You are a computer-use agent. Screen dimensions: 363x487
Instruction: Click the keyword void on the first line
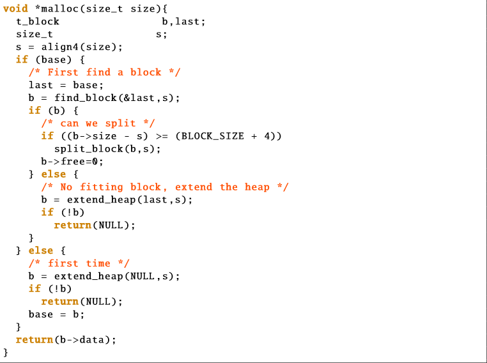[15, 8]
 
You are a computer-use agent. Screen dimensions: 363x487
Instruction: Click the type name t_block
[38, 21]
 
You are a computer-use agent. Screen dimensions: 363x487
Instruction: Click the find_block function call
[117, 98]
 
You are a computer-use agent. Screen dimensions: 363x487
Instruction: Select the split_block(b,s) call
[107, 149]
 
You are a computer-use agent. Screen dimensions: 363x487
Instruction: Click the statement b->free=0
[72, 162]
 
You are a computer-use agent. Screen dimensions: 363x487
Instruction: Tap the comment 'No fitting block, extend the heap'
[165, 187]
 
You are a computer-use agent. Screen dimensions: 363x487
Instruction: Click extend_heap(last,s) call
[129, 199]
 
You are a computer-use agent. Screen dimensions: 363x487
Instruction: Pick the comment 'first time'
[79, 263]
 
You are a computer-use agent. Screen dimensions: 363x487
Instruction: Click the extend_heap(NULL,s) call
[117, 276]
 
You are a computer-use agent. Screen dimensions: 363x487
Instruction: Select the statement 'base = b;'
[56, 314]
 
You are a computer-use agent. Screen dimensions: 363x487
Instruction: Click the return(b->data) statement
[66, 340]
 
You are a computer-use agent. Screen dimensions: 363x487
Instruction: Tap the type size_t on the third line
[35, 34]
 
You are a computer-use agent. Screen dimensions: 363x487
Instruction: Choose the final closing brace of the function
[6, 352]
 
